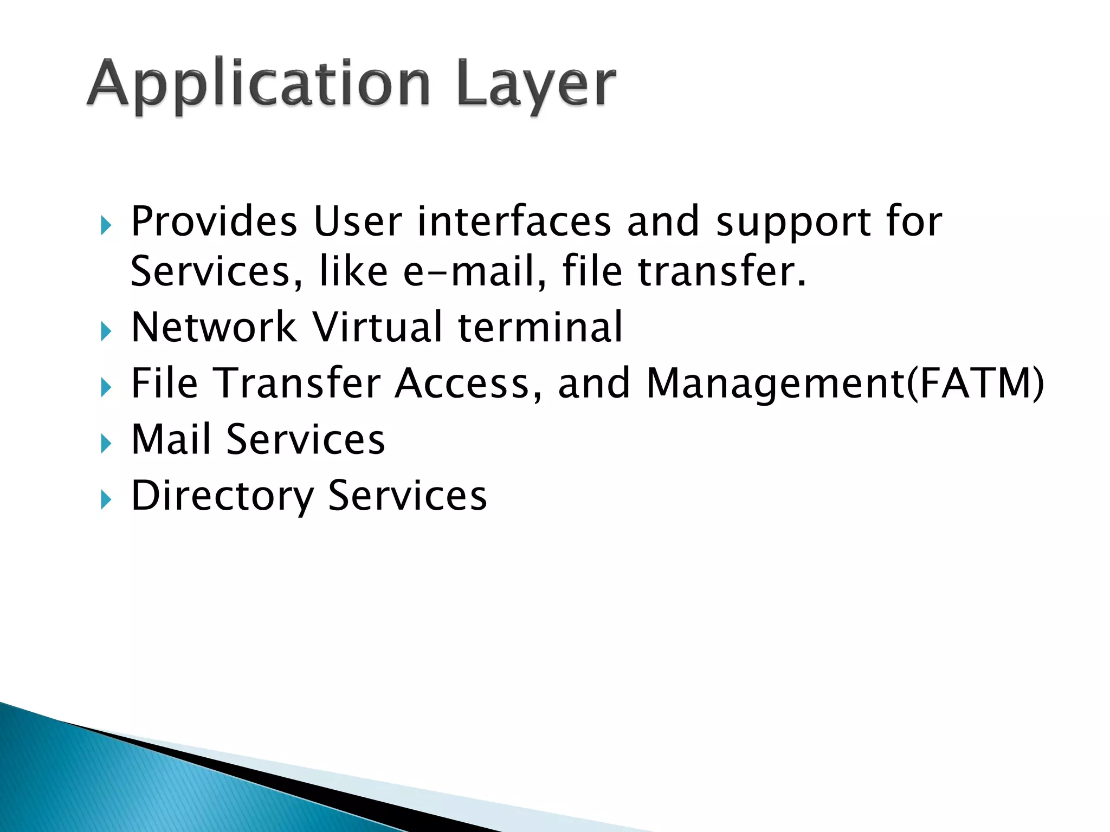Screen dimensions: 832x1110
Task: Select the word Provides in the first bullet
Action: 214,222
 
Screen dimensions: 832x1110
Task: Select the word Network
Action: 214,327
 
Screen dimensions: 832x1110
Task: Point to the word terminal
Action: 540,327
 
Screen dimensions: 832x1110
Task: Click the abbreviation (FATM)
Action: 975,383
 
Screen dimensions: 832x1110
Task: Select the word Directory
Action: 222,496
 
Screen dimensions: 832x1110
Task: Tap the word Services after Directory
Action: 407,495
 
